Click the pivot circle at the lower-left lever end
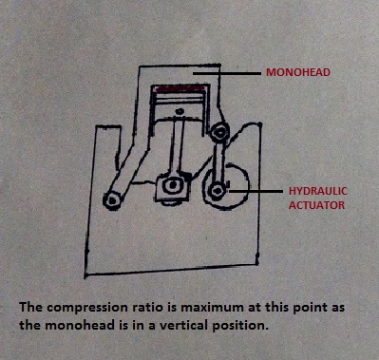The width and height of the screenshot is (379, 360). (115, 199)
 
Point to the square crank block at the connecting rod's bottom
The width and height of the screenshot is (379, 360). (173, 188)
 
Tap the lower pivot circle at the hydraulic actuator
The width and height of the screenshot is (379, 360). (220, 191)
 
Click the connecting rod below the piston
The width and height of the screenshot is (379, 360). (177, 147)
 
